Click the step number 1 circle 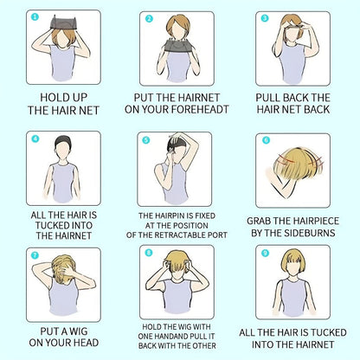(x=35, y=17)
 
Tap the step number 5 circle (x=146, y=140)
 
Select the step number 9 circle (x=265, y=254)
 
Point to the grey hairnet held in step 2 (x=177, y=46)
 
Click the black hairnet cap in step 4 (x=63, y=141)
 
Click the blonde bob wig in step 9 (x=294, y=261)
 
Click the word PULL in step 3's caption (x=265, y=98)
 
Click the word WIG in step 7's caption (x=78, y=331)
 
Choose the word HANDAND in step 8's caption (x=170, y=336)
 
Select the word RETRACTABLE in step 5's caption (x=182, y=235)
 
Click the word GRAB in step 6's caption (x=259, y=221)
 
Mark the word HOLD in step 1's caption (x=52, y=98)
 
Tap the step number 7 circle (x=35, y=255)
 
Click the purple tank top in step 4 (x=63, y=182)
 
